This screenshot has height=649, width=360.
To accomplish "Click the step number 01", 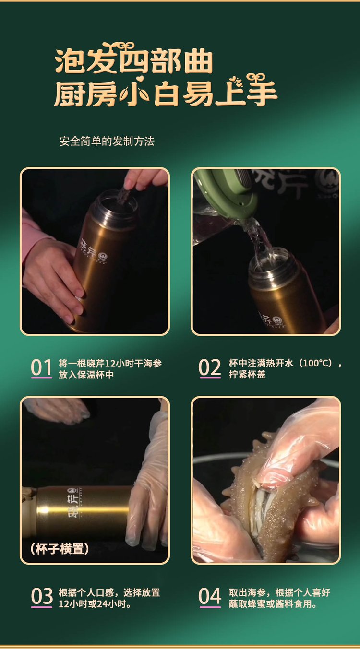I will click(x=41, y=368).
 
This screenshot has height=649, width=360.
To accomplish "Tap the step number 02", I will click(x=210, y=368).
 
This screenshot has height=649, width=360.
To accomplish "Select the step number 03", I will click(x=42, y=597).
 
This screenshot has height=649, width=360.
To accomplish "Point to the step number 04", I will click(x=210, y=597).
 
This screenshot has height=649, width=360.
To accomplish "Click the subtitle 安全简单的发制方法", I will click(x=107, y=142).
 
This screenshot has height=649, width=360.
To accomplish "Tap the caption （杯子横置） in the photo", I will click(x=59, y=549).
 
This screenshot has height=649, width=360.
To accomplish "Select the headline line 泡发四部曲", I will click(x=133, y=61).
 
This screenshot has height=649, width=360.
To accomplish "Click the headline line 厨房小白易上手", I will click(x=166, y=93).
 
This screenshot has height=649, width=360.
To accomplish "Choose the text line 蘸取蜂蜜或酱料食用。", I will click(x=273, y=604).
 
